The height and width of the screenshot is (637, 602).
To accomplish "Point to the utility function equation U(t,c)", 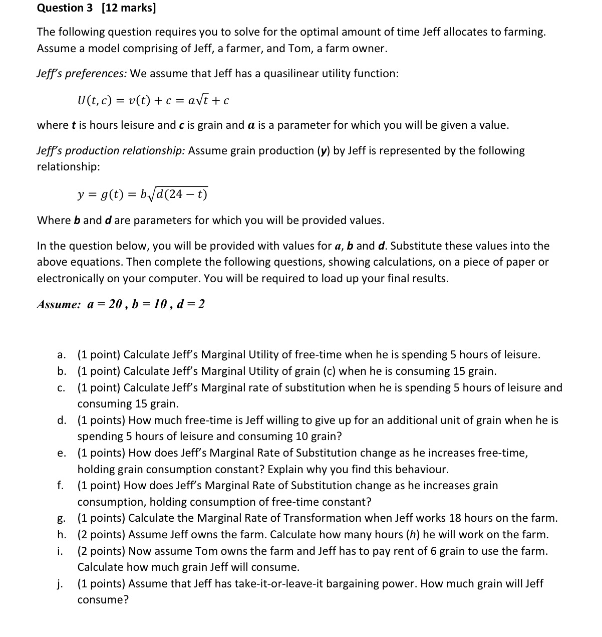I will point(153,100).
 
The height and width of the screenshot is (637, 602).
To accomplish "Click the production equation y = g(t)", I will point(142,194).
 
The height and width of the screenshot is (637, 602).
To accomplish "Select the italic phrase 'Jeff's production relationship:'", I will point(111,151).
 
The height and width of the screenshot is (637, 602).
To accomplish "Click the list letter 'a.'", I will point(61,355).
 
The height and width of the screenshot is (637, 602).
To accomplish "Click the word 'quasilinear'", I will point(291,74).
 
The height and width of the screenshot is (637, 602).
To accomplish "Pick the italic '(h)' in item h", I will point(412,535).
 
